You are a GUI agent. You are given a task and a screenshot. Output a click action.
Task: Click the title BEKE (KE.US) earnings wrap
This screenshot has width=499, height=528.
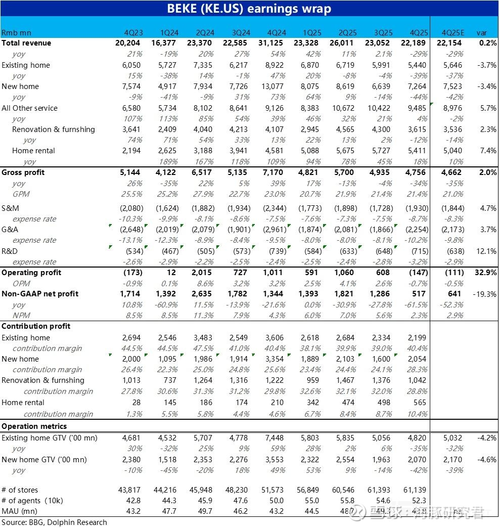pyautogui.click(x=249, y=9)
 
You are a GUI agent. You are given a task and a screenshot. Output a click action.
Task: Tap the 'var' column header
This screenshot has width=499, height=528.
pyautogui.click(x=481, y=32)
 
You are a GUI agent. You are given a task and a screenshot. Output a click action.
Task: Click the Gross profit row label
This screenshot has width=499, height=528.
pyautogui.click(x=23, y=172)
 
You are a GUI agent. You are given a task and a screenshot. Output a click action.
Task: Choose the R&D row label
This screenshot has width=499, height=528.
pyautogui.click(x=10, y=251)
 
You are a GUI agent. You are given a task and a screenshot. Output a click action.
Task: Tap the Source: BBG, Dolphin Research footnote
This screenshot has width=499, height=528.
pyautogui.click(x=54, y=522)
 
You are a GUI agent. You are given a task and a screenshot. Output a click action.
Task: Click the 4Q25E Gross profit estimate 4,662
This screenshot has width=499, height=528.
pyautogui.click(x=451, y=172)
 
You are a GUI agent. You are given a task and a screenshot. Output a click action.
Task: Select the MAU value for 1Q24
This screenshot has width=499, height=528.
pyautogui.click(x=170, y=511)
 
